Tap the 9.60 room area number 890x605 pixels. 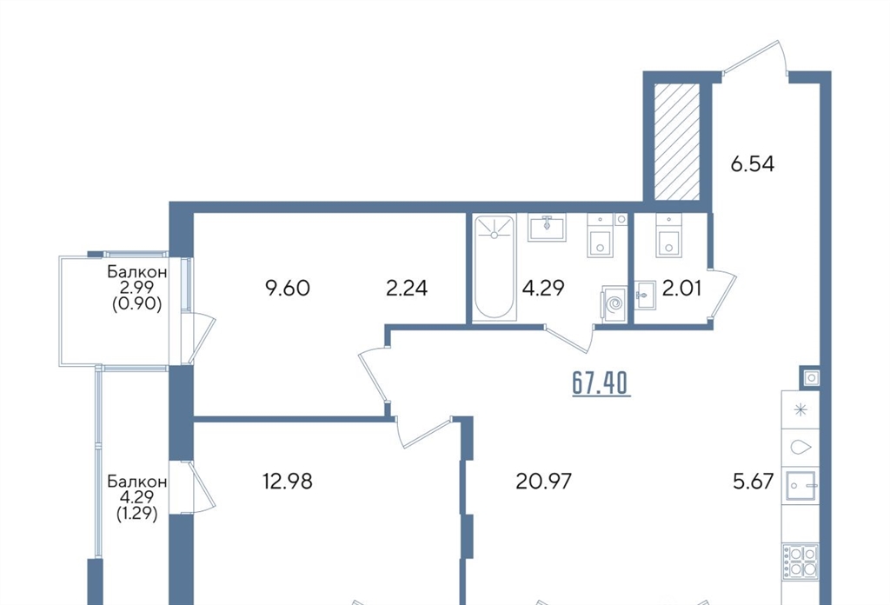tap(287, 289)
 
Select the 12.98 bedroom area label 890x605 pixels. tap(287, 482)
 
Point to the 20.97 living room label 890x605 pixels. tap(544, 482)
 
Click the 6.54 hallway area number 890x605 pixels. tap(752, 164)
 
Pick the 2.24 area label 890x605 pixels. tap(407, 289)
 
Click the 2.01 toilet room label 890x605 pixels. tap(681, 289)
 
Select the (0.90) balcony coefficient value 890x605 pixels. tap(136, 304)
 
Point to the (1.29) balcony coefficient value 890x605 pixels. tap(136, 515)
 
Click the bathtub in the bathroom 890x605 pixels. tap(494, 268)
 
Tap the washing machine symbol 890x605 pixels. tap(614, 305)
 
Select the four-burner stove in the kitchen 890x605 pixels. tap(800, 562)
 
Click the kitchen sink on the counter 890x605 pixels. tap(800, 485)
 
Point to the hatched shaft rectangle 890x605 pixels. tap(677, 142)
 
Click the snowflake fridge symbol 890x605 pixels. tap(800, 409)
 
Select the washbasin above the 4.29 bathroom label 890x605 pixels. tap(548, 227)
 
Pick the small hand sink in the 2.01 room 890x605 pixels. tap(644, 295)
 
